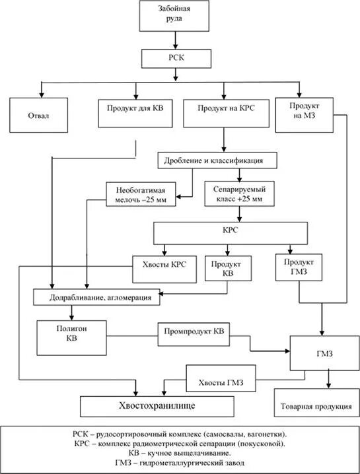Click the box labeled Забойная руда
pos(174,15)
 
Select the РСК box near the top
pos(176,58)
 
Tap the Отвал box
pos(39,115)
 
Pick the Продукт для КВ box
pos(135,114)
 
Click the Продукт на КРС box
pos(226,114)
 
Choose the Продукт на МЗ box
pos(305,115)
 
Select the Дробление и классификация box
pos(217,160)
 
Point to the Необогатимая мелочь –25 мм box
pos(141,194)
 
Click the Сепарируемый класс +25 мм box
pos(239,194)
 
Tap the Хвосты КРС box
pos(164,269)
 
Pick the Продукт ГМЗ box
pos(299,267)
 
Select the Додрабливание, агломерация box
pos(96,297)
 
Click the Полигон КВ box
pos(72,337)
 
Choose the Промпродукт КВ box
pos(194,334)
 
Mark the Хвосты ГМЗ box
pos(221,378)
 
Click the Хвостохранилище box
pos(157,406)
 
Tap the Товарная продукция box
pos(317,403)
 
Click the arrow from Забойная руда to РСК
pos(176,40)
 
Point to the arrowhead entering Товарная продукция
pos(329,385)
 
